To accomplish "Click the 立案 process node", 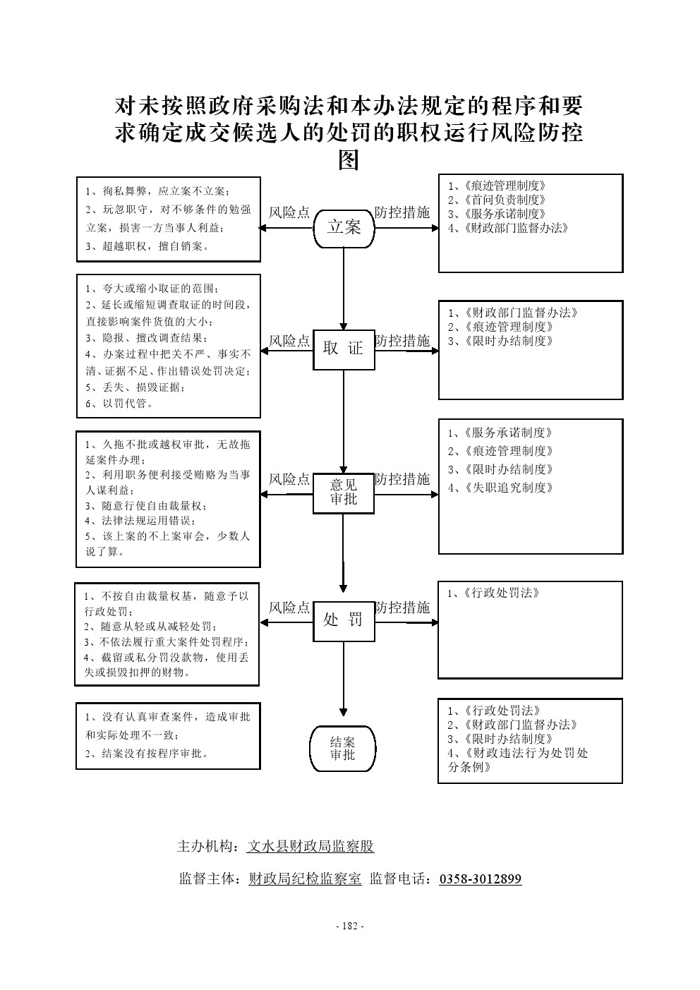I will [x=344, y=227].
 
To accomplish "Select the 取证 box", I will [x=344, y=349].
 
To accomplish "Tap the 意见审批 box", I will [x=344, y=493].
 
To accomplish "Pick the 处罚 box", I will [x=344, y=620].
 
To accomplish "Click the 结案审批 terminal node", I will [x=343, y=749].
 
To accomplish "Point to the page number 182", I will [x=349, y=926].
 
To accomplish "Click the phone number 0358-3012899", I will [x=480, y=879].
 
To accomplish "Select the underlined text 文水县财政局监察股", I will [x=310, y=847].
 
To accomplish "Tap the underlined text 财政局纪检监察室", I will [x=305, y=879].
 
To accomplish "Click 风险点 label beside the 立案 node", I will [x=289, y=212].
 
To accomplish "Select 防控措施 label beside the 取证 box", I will [x=402, y=341].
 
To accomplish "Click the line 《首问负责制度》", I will [x=497, y=200].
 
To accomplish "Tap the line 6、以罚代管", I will [x=119, y=404].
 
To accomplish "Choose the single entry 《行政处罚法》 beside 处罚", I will [x=494, y=593].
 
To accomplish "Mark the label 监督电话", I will [x=400, y=879].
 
